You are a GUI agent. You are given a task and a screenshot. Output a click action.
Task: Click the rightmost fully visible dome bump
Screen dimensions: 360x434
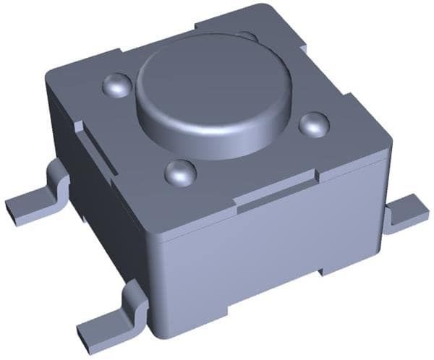click(x=313, y=124)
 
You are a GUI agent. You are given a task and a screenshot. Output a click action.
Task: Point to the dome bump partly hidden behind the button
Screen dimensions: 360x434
click(x=248, y=35)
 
